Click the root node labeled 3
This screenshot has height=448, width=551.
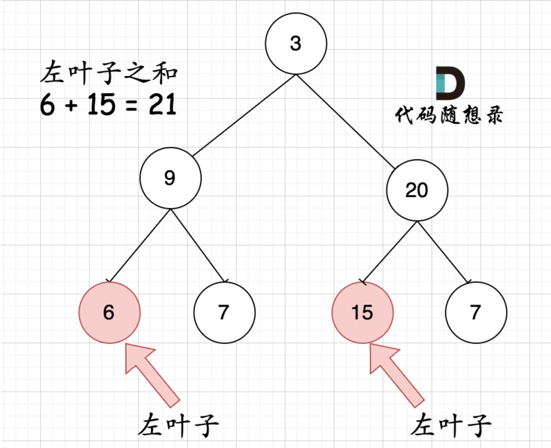(296, 44)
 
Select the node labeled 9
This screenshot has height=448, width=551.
(170, 178)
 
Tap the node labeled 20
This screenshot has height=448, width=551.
(417, 190)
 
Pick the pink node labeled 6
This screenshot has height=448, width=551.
(109, 313)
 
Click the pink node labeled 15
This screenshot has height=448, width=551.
(362, 313)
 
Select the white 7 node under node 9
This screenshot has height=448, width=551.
(224, 313)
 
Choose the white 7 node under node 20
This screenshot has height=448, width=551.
(476, 313)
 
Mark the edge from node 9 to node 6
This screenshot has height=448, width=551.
(140, 245)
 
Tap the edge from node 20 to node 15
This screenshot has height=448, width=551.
(389, 252)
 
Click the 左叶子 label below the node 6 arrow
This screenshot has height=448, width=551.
(178, 425)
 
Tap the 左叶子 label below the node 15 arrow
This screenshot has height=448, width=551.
(451, 425)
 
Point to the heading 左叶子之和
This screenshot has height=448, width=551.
(108, 73)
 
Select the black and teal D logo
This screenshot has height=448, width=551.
(450, 84)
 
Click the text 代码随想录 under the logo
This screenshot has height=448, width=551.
(449, 115)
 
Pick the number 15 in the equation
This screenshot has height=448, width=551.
(101, 105)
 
